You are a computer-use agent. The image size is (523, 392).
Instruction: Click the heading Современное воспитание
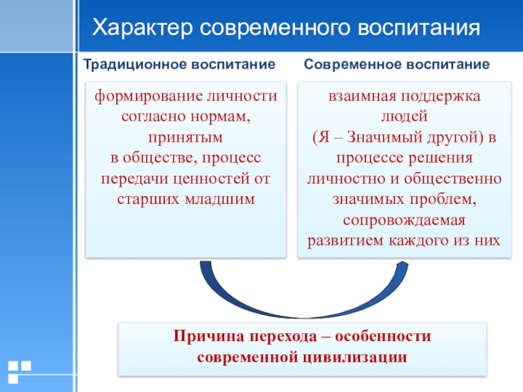[x=397, y=65]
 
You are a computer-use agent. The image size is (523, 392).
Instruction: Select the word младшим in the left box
[x=220, y=199]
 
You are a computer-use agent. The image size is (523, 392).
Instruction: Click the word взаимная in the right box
[x=358, y=96]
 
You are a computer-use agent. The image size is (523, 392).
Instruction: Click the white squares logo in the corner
[x=19, y=370]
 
